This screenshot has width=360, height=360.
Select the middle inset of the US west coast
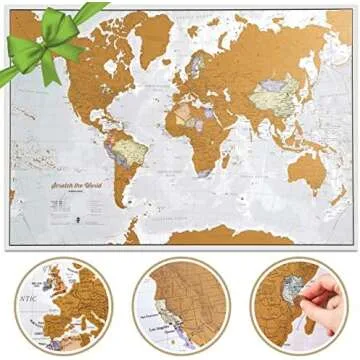(x=180, y=304)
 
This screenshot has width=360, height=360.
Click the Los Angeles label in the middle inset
(x=169, y=327)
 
